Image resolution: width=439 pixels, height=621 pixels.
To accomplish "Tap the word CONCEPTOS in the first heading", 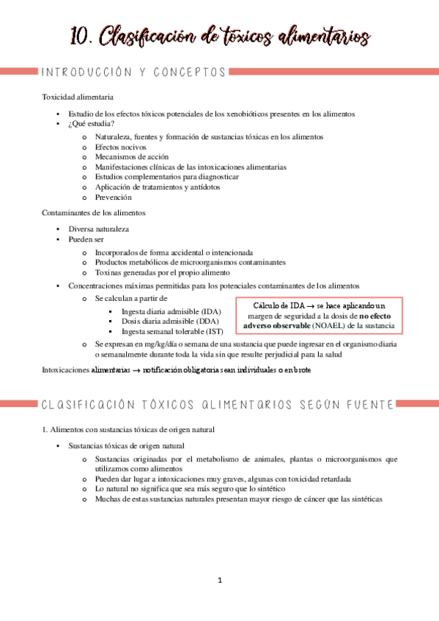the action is tap(190, 72).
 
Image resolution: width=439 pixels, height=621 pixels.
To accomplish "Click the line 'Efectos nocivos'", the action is tap(121, 146).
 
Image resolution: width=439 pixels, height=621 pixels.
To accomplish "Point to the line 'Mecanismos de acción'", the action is tap(131, 157).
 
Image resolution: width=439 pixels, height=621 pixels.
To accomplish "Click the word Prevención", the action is tap(113, 197).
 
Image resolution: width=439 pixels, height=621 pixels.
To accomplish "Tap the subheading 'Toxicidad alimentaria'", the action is tap(77, 97).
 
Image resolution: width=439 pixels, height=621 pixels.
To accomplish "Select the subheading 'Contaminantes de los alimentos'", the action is tap(94, 213).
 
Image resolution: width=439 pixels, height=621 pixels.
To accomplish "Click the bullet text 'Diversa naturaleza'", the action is tap(99, 228).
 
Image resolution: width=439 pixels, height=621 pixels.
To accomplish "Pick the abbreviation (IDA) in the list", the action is tap(210, 310).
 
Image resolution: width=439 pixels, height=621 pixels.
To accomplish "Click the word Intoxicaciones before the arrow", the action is tap(66, 370).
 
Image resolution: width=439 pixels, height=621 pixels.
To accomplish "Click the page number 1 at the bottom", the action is tap(219, 581).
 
